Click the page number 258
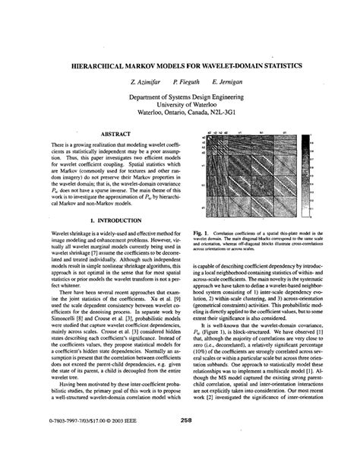tap(179, 439)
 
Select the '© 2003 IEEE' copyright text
tap(128, 439)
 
